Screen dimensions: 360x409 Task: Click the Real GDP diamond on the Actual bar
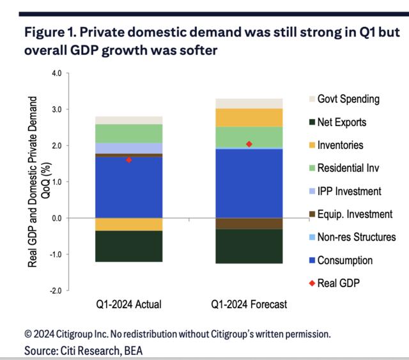(x=129, y=160)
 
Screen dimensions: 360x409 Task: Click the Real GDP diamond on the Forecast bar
(x=249, y=144)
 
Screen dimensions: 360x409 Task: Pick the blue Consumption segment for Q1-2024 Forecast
(x=249, y=183)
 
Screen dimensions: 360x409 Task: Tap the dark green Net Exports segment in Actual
(x=128, y=246)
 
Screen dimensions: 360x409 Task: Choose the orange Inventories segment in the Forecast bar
(x=249, y=118)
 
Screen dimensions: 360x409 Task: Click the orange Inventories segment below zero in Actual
(x=128, y=224)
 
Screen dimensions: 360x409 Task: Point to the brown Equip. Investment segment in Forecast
(x=249, y=223)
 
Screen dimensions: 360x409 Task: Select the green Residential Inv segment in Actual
(x=128, y=133)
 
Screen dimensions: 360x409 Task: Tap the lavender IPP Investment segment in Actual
(x=128, y=148)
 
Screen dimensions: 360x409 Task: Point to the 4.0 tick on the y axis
(x=56, y=74)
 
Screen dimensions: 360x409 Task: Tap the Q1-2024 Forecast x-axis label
(x=249, y=305)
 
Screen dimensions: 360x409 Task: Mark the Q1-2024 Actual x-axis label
(x=128, y=305)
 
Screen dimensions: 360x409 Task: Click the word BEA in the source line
(x=133, y=350)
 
